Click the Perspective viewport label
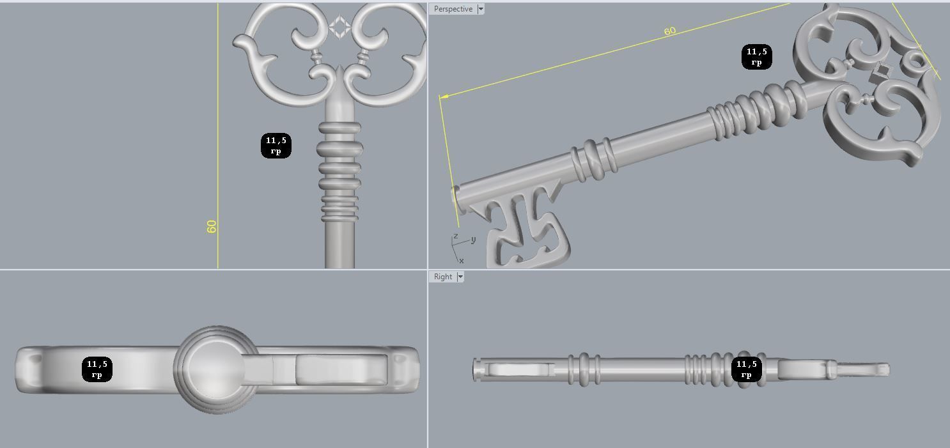click(453, 9)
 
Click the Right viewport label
click(442, 277)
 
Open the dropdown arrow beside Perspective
click(481, 9)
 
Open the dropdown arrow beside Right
click(460, 277)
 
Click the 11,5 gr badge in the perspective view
click(756, 57)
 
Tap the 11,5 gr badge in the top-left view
click(276, 146)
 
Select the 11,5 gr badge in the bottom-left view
click(97, 369)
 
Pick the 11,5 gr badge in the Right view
click(746, 369)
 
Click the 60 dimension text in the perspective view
click(669, 31)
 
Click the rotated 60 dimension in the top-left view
click(212, 226)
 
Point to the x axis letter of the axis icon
click(461, 261)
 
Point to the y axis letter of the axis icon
click(473, 240)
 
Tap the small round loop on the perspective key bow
click(917, 61)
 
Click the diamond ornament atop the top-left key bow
click(339, 27)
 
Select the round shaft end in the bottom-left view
click(214, 369)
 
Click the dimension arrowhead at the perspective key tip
click(442, 97)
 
